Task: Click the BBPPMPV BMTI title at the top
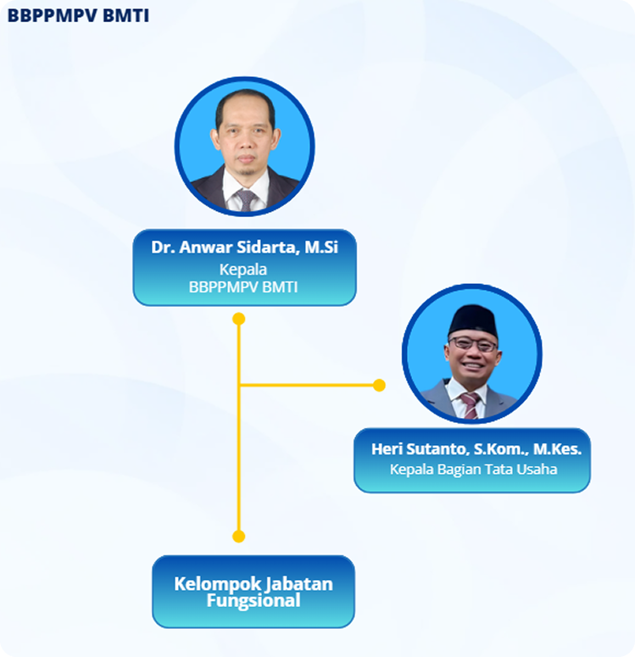(78, 15)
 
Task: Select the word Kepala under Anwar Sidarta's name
(244, 270)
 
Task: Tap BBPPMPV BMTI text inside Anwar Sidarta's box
(244, 287)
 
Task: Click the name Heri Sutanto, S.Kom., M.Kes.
(472, 448)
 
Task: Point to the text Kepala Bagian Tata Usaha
(472, 469)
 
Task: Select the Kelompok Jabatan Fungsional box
(253, 592)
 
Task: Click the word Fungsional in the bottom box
(253, 601)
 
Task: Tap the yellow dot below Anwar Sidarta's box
(239, 320)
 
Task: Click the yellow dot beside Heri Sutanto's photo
(379, 386)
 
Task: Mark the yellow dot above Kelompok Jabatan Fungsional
(239, 536)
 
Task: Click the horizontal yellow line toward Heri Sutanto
(309, 386)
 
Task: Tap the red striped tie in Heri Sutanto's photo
(469, 404)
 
